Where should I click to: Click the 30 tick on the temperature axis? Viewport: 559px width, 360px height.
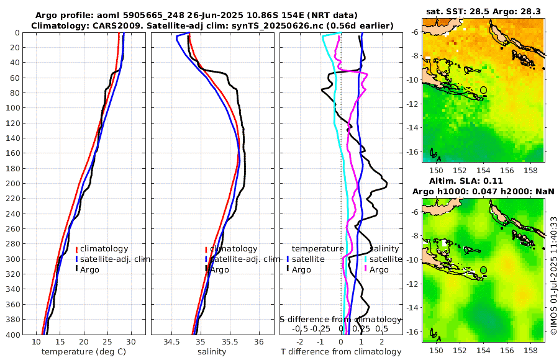pyautogui.click(x=131, y=341)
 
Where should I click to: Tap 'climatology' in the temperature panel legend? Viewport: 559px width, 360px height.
pyautogui.click(x=104, y=249)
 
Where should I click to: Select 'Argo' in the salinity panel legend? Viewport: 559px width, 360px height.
pyautogui.click(x=219, y=269)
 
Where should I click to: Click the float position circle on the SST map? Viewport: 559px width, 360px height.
pyautogui.click(x=483, y=90)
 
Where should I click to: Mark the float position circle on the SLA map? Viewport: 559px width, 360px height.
pyautogui.click(x=483, y=270)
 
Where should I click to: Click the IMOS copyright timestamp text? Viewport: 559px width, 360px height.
pyautogui.click(x=553, y=277)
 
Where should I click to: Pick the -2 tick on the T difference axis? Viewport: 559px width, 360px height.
pyautogui.click(x=301, y=341)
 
